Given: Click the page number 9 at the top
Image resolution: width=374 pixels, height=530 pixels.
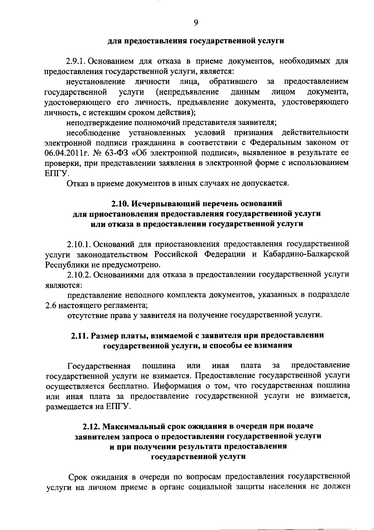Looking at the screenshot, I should coord(196,23).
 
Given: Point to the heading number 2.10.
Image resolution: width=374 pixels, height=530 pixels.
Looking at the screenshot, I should coord(120,204).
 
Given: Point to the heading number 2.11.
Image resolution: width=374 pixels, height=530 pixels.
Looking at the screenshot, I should coord(79,335).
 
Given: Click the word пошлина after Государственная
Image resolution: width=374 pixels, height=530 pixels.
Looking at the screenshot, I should coord(159,365).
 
